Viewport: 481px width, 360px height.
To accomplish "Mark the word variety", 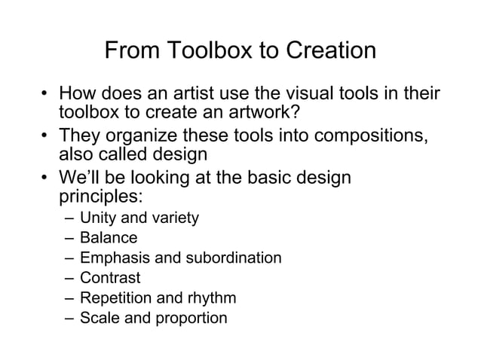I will pos(176,218).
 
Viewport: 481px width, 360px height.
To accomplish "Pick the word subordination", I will pos(233,258).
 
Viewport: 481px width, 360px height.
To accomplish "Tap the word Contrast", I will pos(110,278).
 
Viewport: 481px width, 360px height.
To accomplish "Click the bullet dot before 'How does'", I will pos(46,96).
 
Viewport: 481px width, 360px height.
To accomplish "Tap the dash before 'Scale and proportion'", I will pos(69,318).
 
